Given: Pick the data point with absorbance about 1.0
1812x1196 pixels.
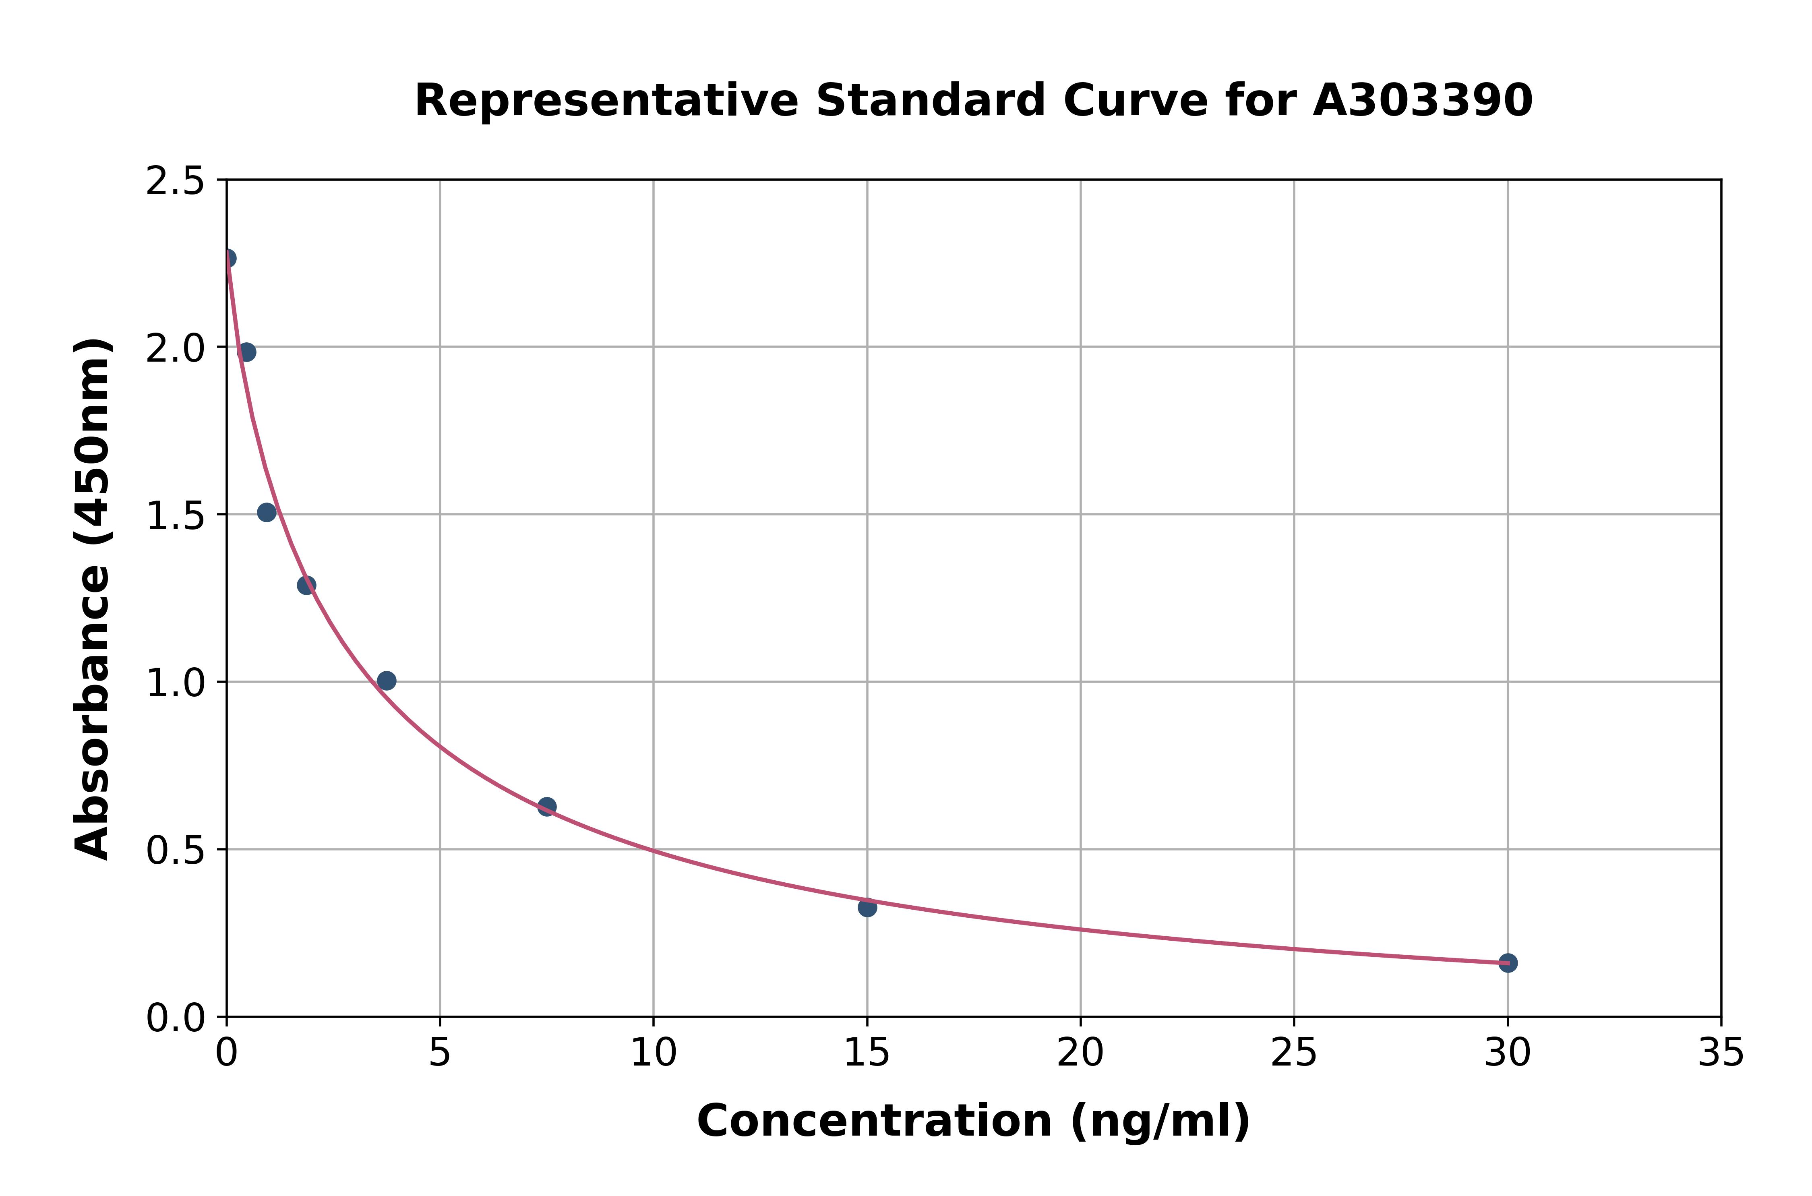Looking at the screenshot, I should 387,681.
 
